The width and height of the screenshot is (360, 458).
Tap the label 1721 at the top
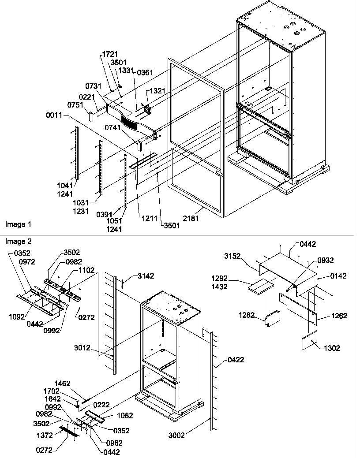pos(110,54)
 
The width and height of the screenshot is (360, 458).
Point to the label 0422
pos(236,360)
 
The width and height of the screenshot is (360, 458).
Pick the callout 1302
pos(332,348)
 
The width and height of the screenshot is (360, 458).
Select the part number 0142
pos(338,276)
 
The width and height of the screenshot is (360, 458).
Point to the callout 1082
pos(124,415)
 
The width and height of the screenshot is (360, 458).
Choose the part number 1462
pos(62,384)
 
